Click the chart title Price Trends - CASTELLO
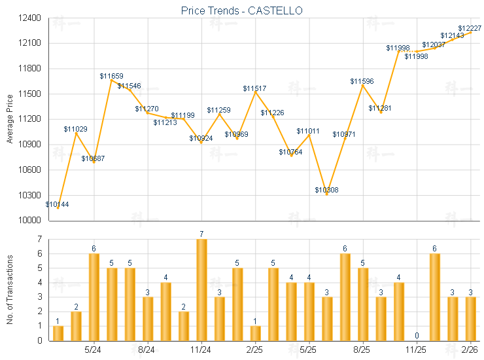point(242,11)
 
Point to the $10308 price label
point(327,190)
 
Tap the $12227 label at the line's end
point(470,28)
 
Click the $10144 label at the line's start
point(58,204)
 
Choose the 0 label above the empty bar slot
point(416,336)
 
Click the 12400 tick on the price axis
point(30,18)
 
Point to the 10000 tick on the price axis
point(30,221)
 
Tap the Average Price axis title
point(9,119)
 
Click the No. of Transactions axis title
point(9,289)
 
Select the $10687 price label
point(93,158)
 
